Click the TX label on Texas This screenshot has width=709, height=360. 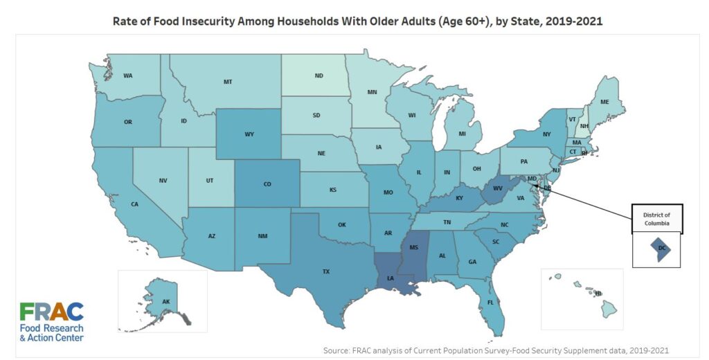(x=325, y=271)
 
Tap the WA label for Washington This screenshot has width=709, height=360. (x=128, y=75)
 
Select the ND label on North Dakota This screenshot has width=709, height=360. (x=319, y=75)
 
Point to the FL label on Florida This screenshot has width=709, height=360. (x=490, y=303)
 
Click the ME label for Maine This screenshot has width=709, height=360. (x=604, y=102)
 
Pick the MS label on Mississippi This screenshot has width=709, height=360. (x=414, y=246)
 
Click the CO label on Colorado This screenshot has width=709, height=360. (x=267, y=185)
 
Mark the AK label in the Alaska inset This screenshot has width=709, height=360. (x=165, y=302)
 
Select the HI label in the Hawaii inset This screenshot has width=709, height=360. (x=598, y=294)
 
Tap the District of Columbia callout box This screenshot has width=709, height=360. (x=656, y=219)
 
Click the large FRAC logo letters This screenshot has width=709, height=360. (x=52, y=312)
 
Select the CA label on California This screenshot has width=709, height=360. (x=135, y=204)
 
